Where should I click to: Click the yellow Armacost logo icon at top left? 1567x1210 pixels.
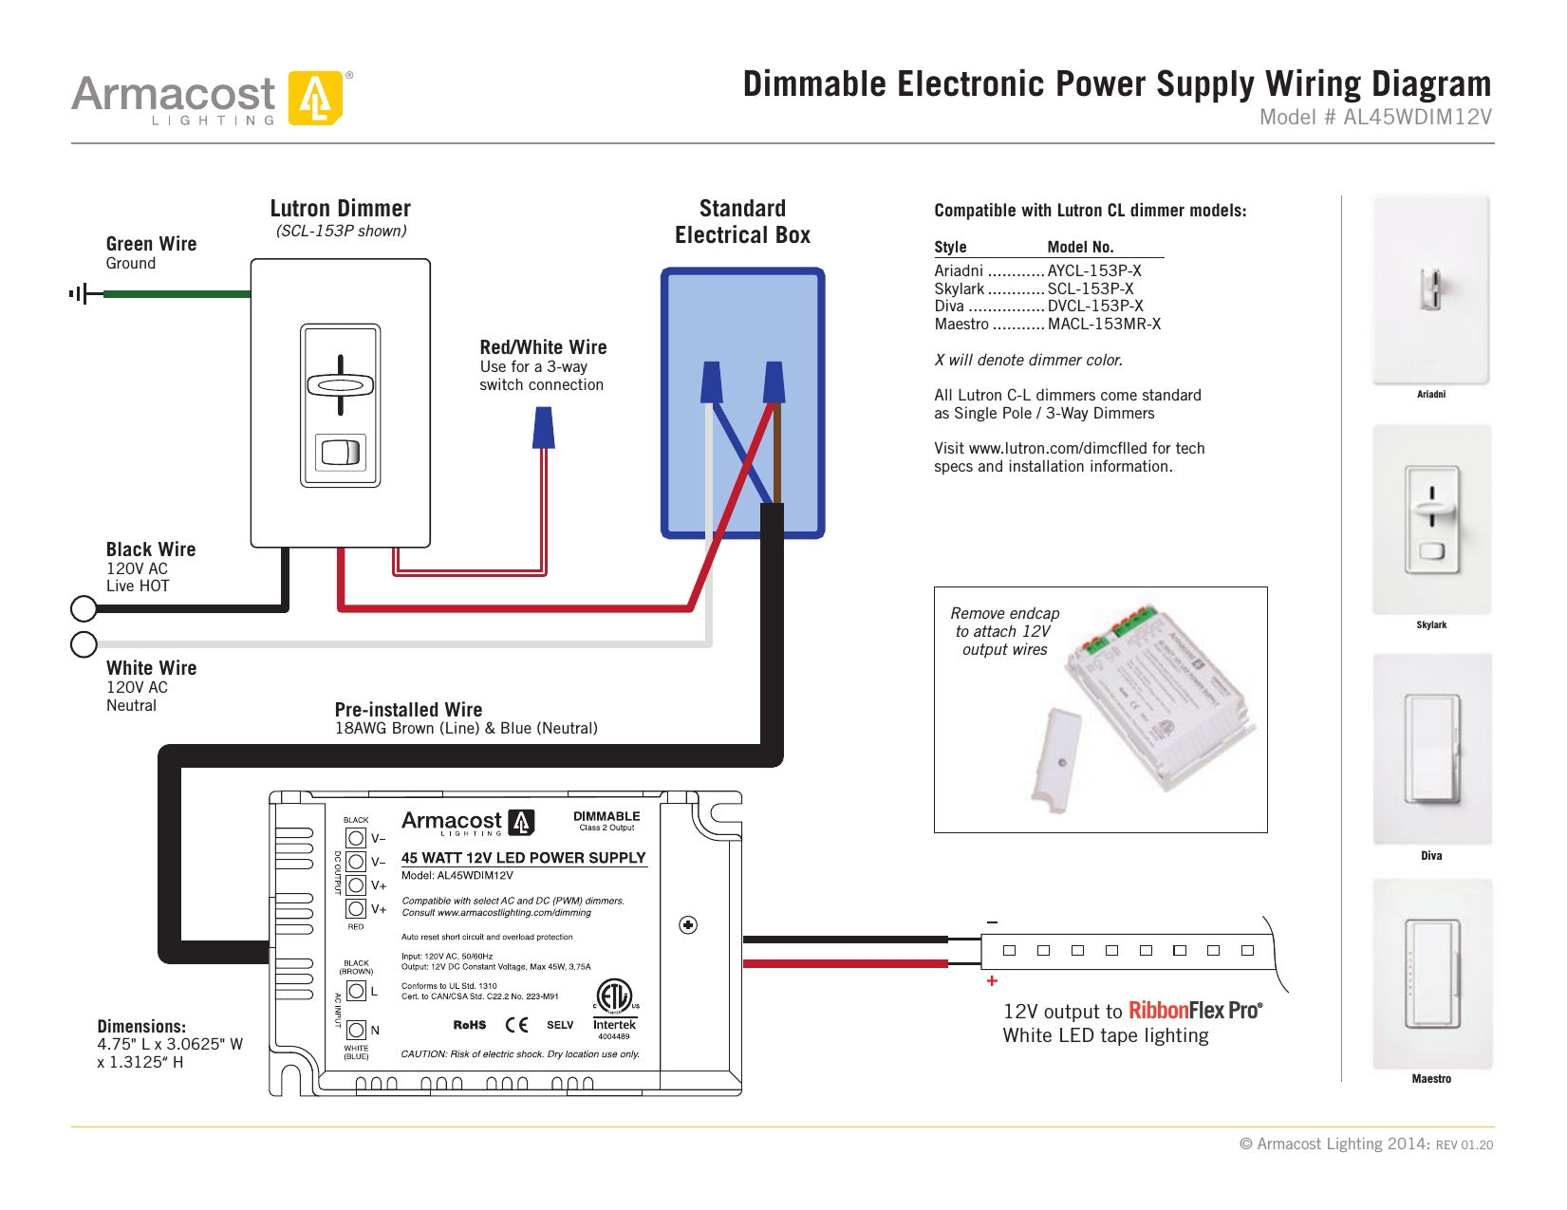click(x=315, y=98)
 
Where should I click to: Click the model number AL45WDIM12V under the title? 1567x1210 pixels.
click(x=1416, y=118)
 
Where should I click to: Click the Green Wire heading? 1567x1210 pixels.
click(x=151, y=244)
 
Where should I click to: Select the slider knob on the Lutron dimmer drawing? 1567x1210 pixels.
click(x=341, y=385)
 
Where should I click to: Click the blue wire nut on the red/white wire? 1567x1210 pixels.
click(x=544, y=428)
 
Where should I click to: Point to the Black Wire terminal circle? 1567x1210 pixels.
click(x=84, y=608)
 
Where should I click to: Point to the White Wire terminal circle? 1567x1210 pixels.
click(x=84, y=644)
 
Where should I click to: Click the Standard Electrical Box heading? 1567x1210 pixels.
click(x=742, y=222)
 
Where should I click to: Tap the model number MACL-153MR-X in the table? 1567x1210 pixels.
click(x=1104, y=325)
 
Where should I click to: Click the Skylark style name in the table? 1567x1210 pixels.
click(x=959, y=289)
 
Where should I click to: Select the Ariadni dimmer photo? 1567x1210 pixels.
click(x=1430, y=289)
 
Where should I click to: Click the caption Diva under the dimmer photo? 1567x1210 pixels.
click(x=1431, y=856)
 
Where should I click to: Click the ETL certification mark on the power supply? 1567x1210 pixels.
click(x=614, y=996)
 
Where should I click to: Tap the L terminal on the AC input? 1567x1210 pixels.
click(x=357, y=991)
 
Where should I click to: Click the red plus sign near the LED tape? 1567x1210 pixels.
click(x=992, y=981)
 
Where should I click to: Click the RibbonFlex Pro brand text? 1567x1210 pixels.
click(x=1194, y=1011)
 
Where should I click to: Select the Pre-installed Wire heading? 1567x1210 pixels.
click(x=408, y=710)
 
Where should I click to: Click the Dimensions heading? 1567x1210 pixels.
click(x=141, y=1027)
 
